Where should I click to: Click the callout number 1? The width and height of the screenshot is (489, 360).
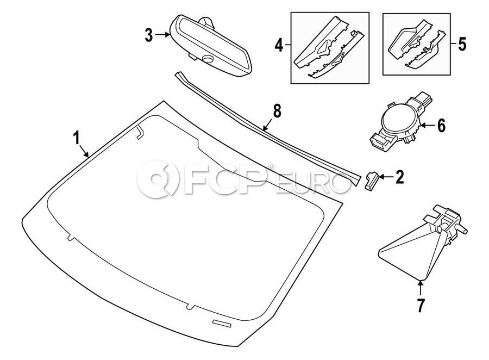click(77, 138)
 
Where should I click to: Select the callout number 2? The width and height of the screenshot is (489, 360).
click(399, 177)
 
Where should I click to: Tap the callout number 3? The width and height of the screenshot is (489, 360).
click(149, 35)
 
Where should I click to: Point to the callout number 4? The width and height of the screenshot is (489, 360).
click(279, 46)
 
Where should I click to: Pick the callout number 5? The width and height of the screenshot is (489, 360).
click(462, 44)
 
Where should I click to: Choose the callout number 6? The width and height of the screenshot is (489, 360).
click(441, 126)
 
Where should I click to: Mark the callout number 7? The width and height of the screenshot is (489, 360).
click(421, 305)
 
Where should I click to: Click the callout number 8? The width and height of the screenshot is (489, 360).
click(277, 111)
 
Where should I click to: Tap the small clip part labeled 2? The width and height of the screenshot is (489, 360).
click(372, 181)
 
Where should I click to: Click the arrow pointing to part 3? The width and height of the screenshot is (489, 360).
click(162, 35)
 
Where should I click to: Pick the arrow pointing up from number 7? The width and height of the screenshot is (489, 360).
click(421, 288)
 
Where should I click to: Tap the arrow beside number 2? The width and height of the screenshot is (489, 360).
click(386, 177)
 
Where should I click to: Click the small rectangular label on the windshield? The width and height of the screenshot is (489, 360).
click(222, 324)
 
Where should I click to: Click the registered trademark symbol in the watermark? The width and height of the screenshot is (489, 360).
click(271, 165)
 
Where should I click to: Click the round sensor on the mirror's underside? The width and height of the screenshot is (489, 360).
click(206, 58)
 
